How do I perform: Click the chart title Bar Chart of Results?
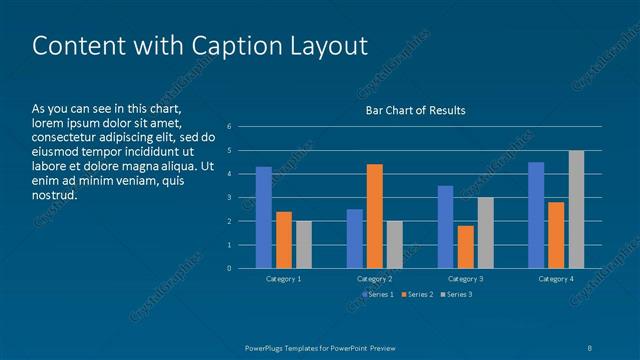[414, 110]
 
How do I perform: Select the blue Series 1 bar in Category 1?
[264, 217]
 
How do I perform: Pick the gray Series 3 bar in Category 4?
[576, 209]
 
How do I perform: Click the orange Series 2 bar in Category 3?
[465, 247]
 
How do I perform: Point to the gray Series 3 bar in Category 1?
[304, 244]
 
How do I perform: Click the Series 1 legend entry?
[378, 294]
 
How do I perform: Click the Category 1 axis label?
[284, 279]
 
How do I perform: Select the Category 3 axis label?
[465, 279]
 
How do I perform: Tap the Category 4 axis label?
[556, 279]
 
